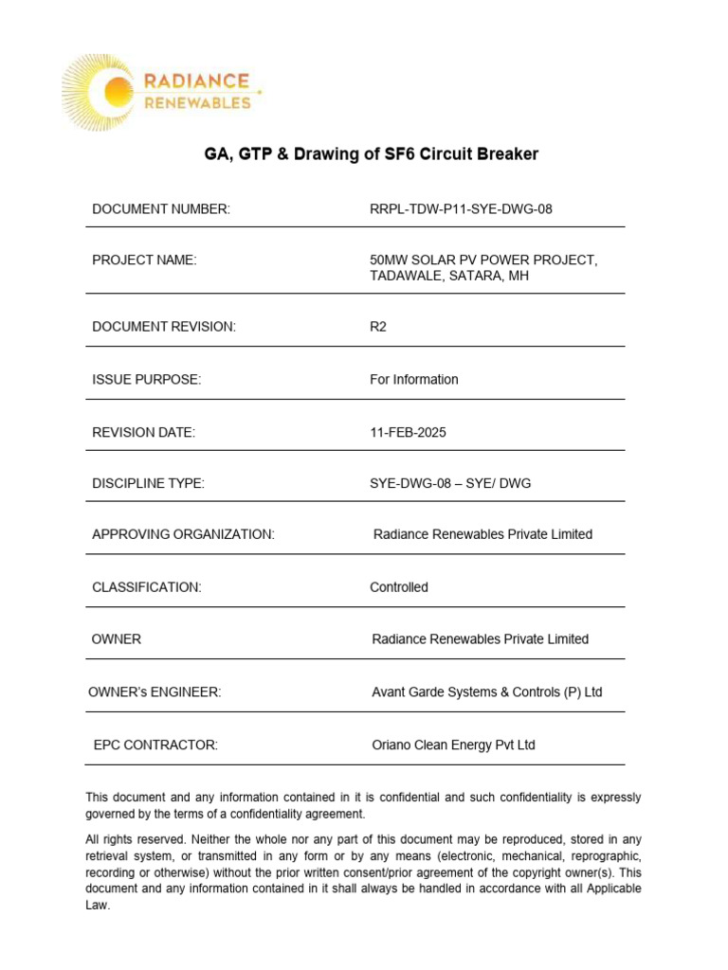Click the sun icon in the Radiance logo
click(x=117, y=92)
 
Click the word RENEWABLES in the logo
click(x=197, y=102)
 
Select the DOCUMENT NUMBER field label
click(x=161, y=208)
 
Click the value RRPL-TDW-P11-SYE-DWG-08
click(x=461, y=208)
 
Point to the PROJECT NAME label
click(x=144, y=260)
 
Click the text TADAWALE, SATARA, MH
click(x=448, y=276)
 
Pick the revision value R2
click(x=378, y=327)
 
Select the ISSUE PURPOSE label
click(x=147, y=379)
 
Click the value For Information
click(x=413, y=379)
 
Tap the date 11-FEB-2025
click(x=408, y=432)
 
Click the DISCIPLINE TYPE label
click(x=148, y=483)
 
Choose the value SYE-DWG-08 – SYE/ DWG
click(x=450, y=483)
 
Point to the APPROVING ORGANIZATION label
click(x=183, y=534)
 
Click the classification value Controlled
click(x=398, y=587)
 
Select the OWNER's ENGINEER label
click(x=155, y=692)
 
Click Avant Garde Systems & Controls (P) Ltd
click(x=486, y=692)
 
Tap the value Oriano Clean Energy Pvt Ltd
click(x=453, y=745)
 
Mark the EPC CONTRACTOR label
click(x=155, y=745)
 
